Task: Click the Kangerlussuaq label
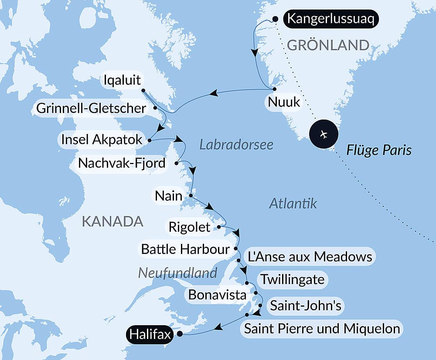pos(330,20)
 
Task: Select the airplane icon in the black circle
pos(323,134)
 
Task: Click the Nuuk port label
pos(284,102)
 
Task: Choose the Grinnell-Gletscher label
pos(91,108)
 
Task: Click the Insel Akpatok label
pos(102,140)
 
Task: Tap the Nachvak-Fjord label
pos(122,164)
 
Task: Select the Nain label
pos(169,196)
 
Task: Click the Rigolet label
pos(189,227)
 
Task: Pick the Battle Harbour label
pos(185,249)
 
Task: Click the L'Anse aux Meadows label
pos(310,257)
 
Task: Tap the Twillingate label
pos(292,279)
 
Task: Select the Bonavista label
pos(217,295)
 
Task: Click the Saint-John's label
pos(306,305)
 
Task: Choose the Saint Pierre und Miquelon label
pos(322,328)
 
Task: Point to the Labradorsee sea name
pos(236,144)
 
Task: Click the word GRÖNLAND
pos(328,45)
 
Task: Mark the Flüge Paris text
pos(379,151)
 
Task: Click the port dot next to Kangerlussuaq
pos(275,19)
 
